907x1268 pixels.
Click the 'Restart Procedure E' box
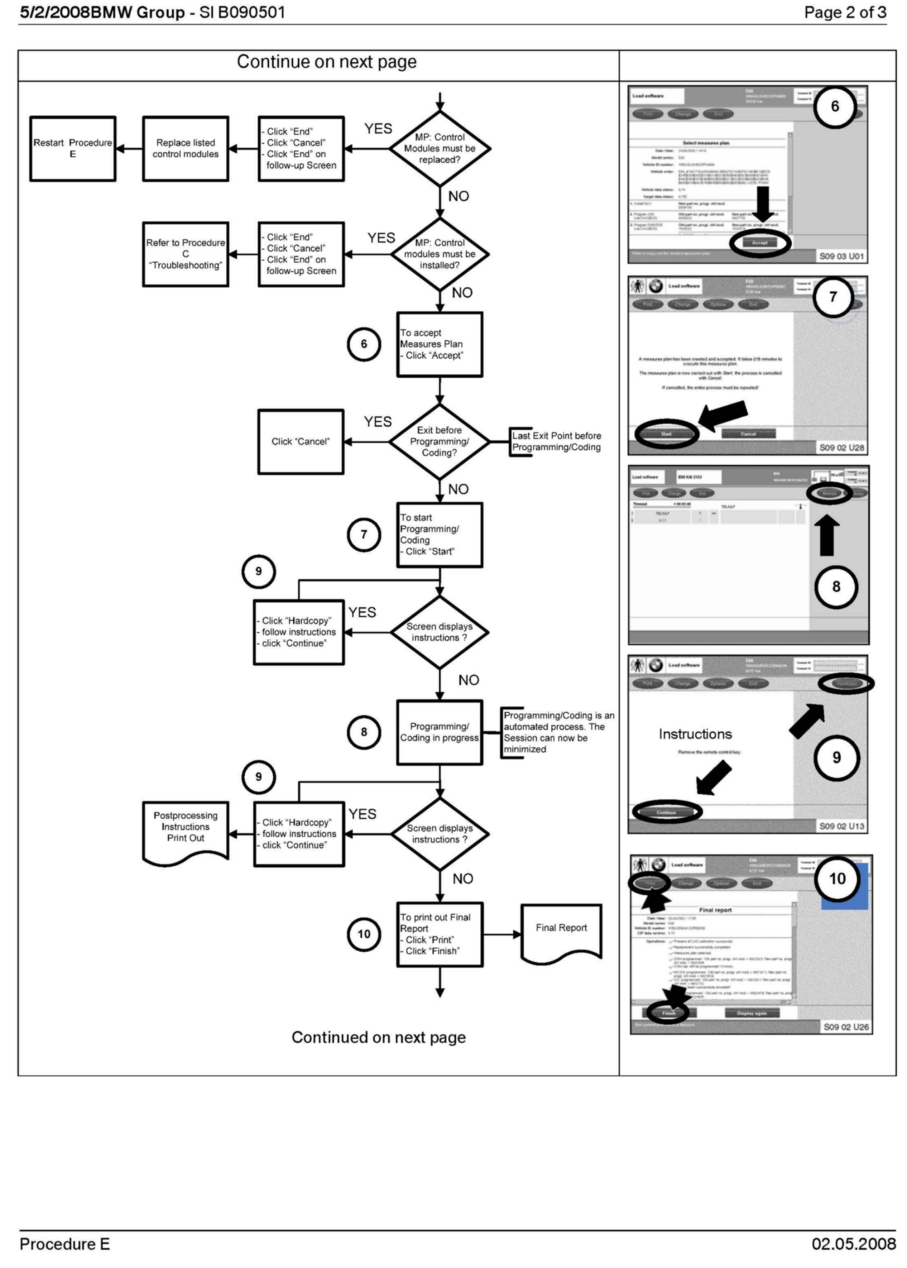(x=73, y=149)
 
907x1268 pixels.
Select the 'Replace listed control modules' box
(x=186, y=149)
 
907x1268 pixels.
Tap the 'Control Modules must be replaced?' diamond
(x=440, y=149)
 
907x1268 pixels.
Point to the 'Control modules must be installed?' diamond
(x=440, y=254)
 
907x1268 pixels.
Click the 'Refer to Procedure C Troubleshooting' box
(x=186, y=254)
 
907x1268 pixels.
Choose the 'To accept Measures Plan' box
(x=440, y=344)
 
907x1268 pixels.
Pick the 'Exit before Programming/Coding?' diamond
(x=440, y=442)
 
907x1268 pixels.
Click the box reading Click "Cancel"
(x=300, y=442)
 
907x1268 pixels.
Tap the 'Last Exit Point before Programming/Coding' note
(x=556, y=442)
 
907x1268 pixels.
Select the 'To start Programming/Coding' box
(x=440, y=535)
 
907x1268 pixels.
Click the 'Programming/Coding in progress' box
(x=440, y=732)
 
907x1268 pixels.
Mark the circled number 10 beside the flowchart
(x=364, y=934)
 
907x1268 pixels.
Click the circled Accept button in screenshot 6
(x=760, y=243)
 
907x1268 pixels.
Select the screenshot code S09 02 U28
(x=841, y=447)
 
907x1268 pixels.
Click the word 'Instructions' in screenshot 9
(x=695, y=734)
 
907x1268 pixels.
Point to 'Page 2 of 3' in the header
(x=844, y=12)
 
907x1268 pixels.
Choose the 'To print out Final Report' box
(x=440, y=934)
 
